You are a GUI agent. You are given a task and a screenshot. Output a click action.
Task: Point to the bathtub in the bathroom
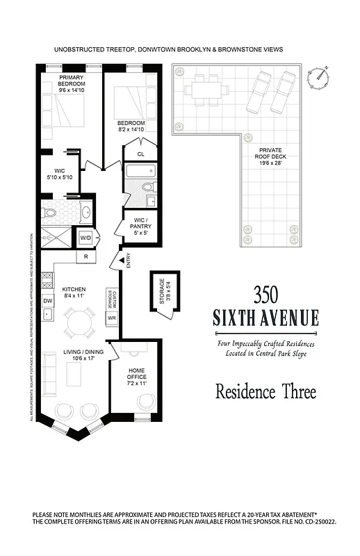(141, 171)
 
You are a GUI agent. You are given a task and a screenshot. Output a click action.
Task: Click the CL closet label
(141, 154)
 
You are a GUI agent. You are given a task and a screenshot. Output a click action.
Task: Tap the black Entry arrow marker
(121, 260)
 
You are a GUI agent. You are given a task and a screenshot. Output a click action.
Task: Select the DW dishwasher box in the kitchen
(48, 300)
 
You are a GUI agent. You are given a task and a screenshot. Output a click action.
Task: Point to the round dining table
(79, 321)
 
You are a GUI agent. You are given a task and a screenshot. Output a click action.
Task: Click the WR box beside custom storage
(111, 318)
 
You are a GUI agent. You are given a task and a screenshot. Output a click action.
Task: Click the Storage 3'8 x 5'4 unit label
(163, 293)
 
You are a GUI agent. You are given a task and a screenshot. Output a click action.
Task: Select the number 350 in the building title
(265, 294)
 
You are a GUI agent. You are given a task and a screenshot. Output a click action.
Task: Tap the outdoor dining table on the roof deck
(205, 90)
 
